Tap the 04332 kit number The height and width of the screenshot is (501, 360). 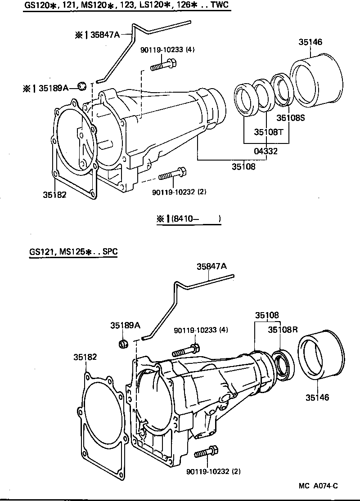265,152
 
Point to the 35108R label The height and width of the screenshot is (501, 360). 283,330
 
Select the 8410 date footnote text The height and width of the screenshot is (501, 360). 189,219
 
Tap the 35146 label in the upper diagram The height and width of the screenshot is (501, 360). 310,42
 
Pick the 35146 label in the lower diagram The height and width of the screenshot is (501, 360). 317,398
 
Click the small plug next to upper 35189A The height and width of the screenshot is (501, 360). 82,86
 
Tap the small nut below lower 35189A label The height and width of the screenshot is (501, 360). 122,344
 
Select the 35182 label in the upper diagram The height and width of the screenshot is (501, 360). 55,194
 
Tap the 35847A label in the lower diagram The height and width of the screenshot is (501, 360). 211,266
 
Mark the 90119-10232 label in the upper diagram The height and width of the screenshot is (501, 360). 179,192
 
